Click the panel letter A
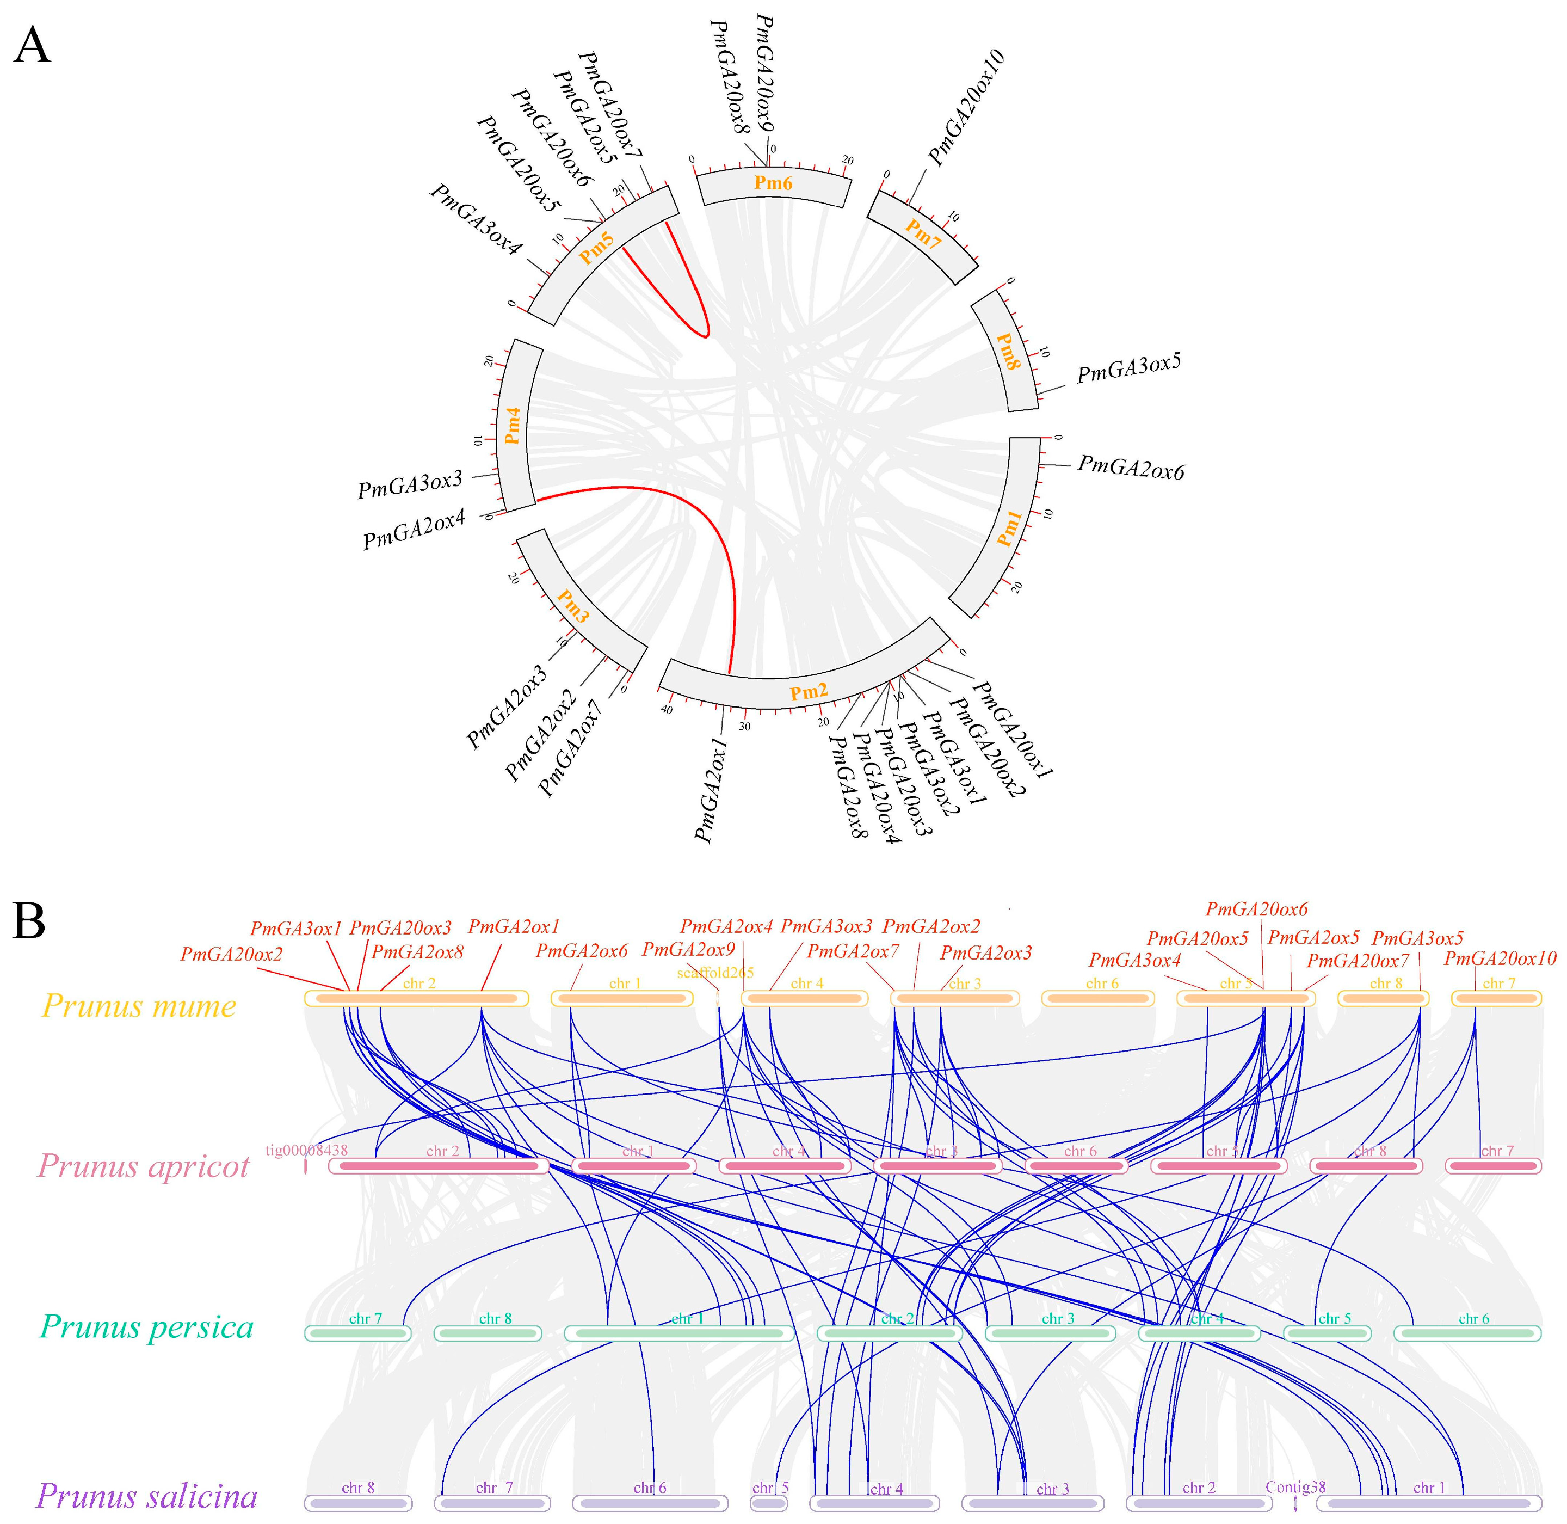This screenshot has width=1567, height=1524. pos(32,46)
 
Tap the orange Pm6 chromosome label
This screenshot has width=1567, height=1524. pos(773,183)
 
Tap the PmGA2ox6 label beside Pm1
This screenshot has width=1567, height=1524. pos(1131,468)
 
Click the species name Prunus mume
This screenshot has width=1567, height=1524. pos(139,1006)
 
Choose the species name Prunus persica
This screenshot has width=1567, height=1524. pos(146,1327)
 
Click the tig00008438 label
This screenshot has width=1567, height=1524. pos(306,1150)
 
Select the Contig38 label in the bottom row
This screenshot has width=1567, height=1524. pos(1295,1486)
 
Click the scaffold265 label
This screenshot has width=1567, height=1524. pos(715,973)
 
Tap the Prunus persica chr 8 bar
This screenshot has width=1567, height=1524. pos(488,1333)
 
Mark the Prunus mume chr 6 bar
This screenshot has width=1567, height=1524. pos(1097,998)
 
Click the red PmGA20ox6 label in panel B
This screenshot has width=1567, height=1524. pos(1256,910)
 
